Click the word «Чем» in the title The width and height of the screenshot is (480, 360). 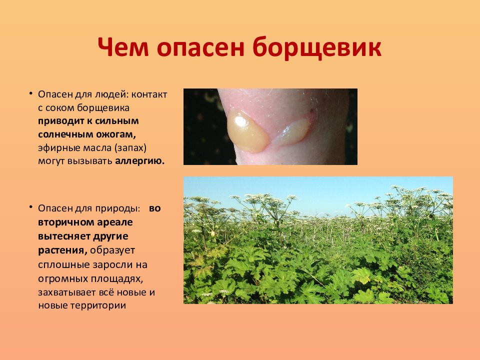123,47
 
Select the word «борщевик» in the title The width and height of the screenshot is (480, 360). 317,47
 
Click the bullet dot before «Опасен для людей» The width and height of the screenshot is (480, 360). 30,92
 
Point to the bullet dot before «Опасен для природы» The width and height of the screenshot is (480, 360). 30,206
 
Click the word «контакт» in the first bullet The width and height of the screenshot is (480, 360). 149,94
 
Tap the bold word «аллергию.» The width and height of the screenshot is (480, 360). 140,161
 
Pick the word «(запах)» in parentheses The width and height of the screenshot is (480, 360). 130,148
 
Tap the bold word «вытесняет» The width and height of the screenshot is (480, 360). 64,236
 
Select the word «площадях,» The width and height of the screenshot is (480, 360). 117,279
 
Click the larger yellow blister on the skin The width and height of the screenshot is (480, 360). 246,131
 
